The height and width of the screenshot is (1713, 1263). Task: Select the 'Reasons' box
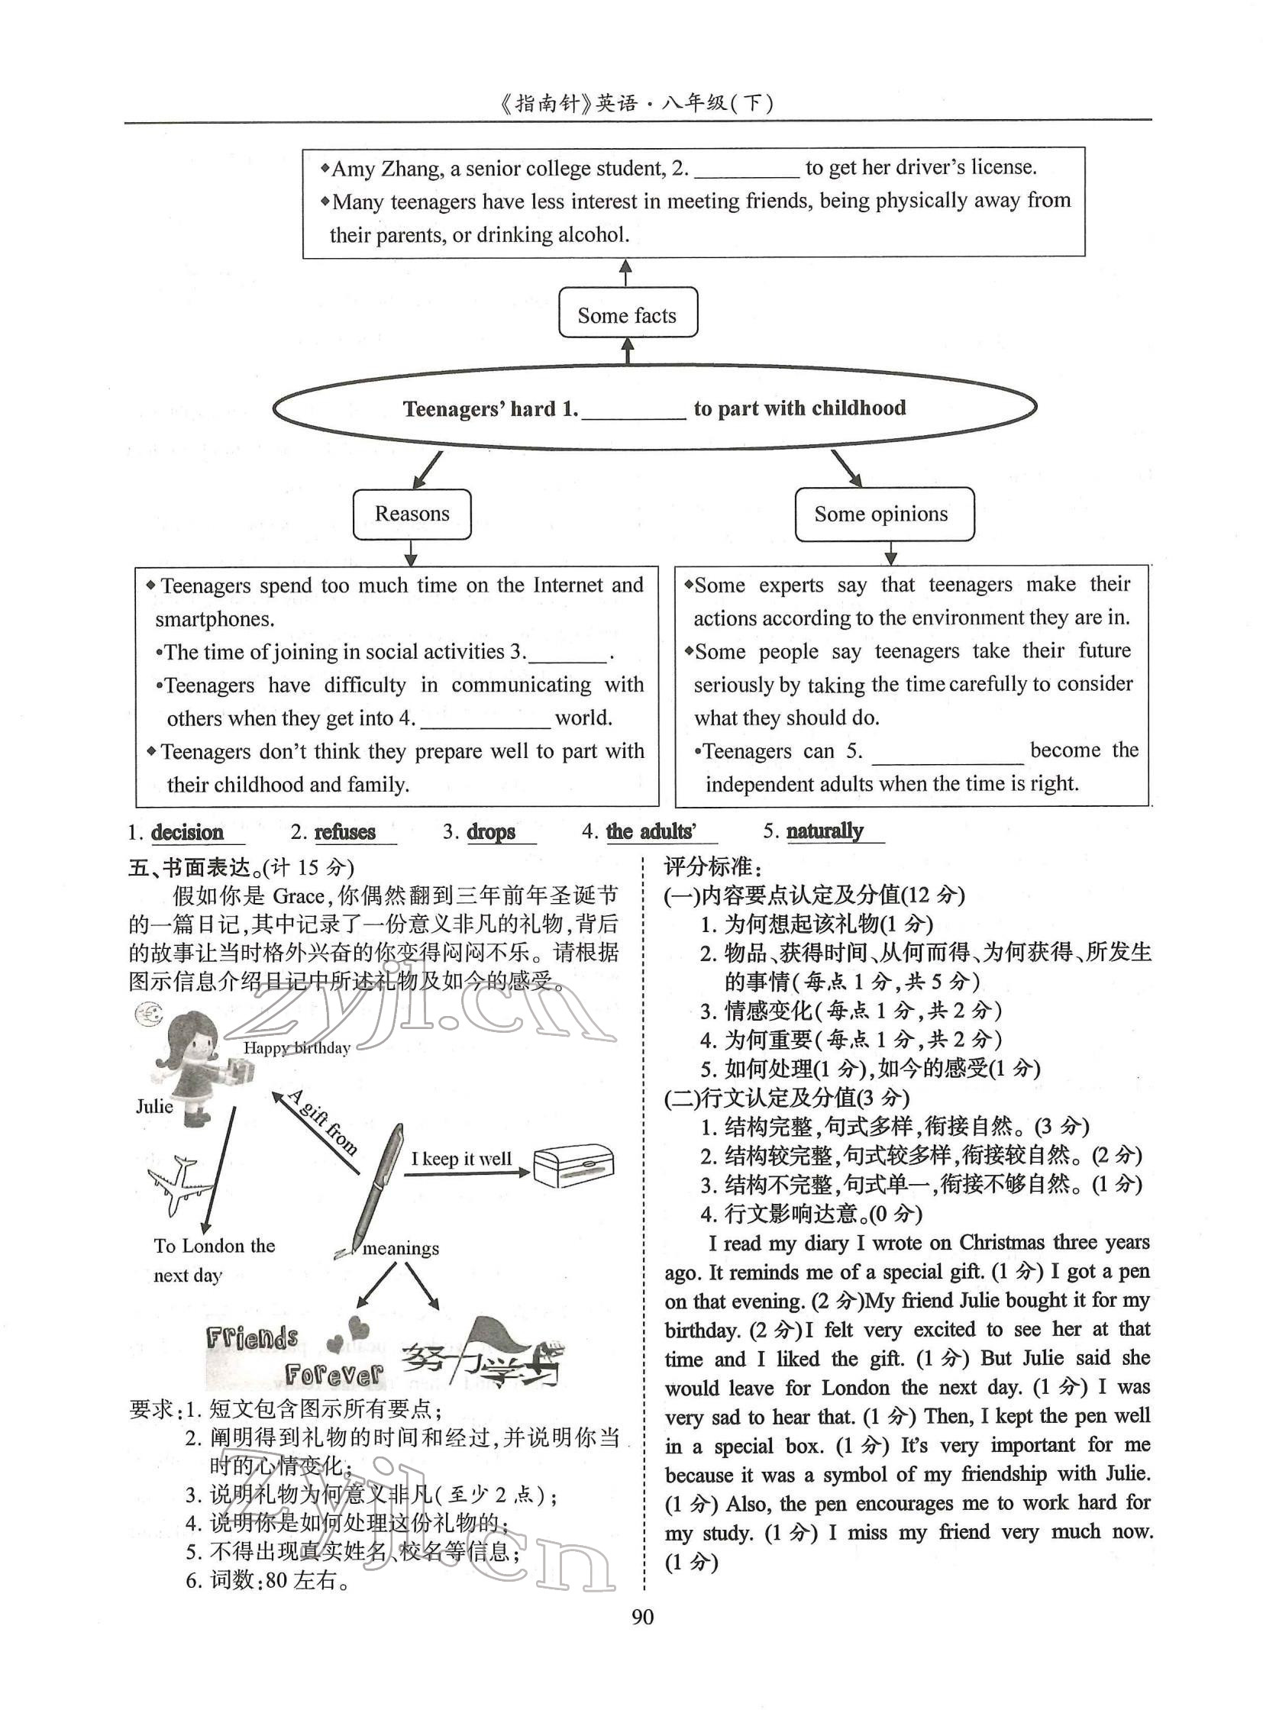coord(412,514)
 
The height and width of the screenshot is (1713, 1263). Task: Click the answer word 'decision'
coord(187,832)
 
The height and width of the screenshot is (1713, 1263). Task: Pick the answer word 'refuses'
coord(345,831)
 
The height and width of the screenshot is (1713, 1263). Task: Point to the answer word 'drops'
coord(490,831)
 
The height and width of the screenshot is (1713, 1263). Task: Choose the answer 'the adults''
coord(651,831)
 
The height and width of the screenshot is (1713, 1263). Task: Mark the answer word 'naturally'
coord(824,831)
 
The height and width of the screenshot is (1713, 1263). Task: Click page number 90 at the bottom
coord(643,1617)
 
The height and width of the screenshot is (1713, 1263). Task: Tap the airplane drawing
coord(180,1186)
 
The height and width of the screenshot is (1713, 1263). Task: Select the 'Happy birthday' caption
coord(296,1048)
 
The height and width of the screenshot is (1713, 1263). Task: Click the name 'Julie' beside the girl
coord(154,1106)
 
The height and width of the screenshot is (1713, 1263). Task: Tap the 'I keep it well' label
coord(461,1159)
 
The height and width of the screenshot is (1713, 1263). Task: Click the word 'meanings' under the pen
coord(401,1248)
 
